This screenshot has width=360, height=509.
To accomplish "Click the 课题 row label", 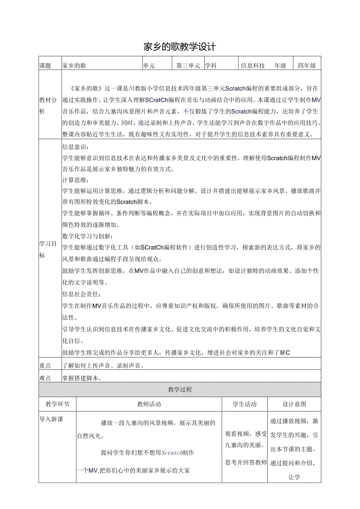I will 45,66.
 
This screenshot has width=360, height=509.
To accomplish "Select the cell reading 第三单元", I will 188,66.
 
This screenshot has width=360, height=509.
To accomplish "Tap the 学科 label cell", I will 211,66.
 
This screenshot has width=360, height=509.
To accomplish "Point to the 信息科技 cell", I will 253,66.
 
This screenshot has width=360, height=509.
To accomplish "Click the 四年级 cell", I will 307,66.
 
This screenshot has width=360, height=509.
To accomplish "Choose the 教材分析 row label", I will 48,106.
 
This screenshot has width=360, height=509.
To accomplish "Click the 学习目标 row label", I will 48,249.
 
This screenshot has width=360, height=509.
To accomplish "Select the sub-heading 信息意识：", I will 76,147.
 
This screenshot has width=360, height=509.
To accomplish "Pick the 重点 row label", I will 45,366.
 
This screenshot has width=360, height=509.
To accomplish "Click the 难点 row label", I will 45,378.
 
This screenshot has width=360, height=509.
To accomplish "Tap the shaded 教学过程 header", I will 180,390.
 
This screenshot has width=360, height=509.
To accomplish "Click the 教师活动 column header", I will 149,404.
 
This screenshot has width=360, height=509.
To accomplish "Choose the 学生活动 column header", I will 245,404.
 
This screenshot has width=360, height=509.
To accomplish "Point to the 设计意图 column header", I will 294,404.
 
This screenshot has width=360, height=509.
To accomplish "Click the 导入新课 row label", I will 51,419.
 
